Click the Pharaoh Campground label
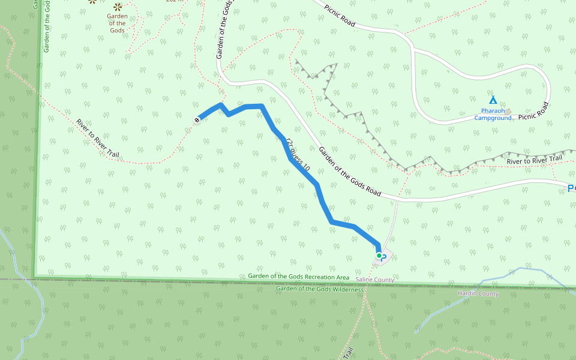coord(493,114)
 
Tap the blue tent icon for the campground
coord(493,100)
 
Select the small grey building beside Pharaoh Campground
coord(508,112)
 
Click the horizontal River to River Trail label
coord(534,160)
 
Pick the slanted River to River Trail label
coord(98,139)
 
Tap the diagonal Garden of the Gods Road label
coord(350,172)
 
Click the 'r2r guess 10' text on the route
coord(298,155)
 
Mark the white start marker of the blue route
coord(196,121)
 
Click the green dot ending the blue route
coord(379,256)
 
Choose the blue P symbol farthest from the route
coord(571,188)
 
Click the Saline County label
coord(374,280)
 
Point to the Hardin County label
coord(478,294)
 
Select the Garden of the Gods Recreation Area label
coord(298,277)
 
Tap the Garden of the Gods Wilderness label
coord(320,289)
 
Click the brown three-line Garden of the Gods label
coord(118,23)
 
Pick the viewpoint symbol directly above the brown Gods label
coord(118,7)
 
